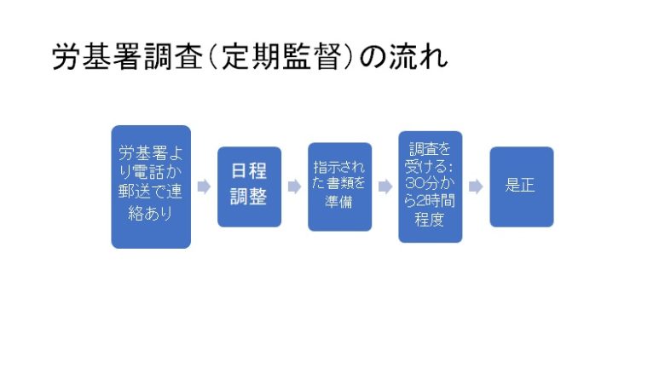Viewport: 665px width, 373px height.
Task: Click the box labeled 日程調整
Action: point(249,186)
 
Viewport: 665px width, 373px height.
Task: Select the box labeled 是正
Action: point(522,186)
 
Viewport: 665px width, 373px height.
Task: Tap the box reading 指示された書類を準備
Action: point(339,186)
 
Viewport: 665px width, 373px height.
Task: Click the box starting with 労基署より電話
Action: point(151,186)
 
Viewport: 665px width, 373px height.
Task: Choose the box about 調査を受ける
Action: point(431,186)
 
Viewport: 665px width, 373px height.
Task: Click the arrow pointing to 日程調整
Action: point(204,186)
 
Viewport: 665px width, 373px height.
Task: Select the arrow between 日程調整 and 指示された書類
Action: point(295,186)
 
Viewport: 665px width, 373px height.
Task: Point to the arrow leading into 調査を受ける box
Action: point(385,186)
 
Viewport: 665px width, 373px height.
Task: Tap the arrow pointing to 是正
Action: point(476,186)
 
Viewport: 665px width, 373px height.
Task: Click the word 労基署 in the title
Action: point(96,57)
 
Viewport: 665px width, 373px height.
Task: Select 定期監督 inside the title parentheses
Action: point(281,57)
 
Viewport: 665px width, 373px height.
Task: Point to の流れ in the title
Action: point(404,57)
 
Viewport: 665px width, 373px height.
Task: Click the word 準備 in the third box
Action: point(338,201)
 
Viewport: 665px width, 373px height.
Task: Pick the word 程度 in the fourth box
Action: point(430,220)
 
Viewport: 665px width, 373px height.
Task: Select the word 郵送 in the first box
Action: point(133,192)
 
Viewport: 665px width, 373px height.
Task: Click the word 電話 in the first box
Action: point(148,172)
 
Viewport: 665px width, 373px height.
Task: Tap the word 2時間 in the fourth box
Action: point(435,201)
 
